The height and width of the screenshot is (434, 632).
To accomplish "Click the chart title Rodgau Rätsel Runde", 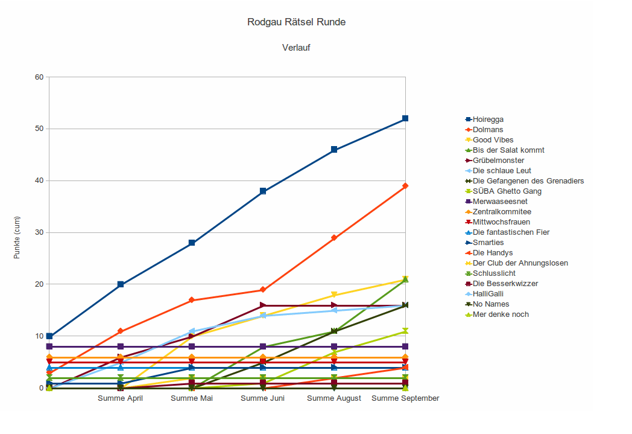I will pyautogui.click(x=296, y=22).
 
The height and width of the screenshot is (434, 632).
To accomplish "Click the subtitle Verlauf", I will pyautogui.click(x=296, y=48).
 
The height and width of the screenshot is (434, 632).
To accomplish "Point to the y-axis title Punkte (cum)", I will pyautogui.click(x=17, y=237).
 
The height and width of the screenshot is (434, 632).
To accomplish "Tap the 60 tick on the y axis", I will pyautogui.click(x=39, y=77).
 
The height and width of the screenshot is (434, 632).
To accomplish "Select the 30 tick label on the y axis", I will pyautogui.click(x=39, y=232).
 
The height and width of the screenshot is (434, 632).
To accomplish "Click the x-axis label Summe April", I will pyautogui.click(x=121, y=398).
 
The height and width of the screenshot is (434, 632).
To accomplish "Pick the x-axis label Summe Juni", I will pyautogui.click(x=263, y=398).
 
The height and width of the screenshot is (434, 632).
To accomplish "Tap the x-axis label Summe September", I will pyautogui.click(x=405, y=398).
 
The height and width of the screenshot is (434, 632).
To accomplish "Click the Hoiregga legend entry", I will pyautogui.click(x=488, y=120).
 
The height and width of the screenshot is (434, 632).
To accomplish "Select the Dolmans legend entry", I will pyautogui.click(x=488, y=130).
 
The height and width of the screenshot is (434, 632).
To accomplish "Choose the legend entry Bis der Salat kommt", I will pyautogui.click(x=508, y=150).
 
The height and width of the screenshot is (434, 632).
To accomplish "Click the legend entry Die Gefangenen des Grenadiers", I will pyautogui.click(x=528, y=181).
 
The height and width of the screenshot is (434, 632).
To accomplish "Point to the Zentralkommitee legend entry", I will pyautogui.click(x=502, y=212).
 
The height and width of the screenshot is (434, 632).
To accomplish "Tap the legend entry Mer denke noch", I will pyautogui.click(x=501, y=314).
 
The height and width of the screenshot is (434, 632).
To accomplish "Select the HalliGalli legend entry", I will pyautogui.click(x=491, y=294).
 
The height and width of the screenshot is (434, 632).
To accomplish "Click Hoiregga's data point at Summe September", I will pyautogui.click(x=405, y=119).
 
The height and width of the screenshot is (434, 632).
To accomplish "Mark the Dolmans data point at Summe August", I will pyautogui.click(x=334, y=238).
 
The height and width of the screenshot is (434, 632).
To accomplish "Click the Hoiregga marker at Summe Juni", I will pyautogui.click(x=263, y=191).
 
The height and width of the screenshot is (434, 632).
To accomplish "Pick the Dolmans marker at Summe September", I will pyautogui.click(x=405, y=186).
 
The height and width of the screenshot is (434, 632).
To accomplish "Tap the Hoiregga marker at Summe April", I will pyautogui.click(x=121, y=284).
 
